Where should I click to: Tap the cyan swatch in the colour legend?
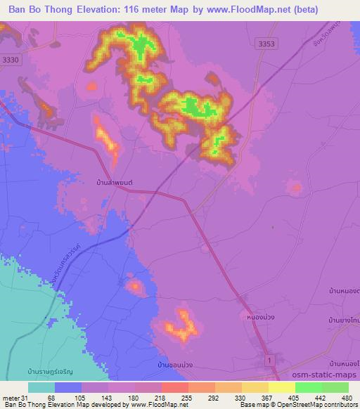pyautogui.click(x=41, y=387)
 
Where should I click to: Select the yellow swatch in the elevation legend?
pyautogui.click(x=282, y=387)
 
